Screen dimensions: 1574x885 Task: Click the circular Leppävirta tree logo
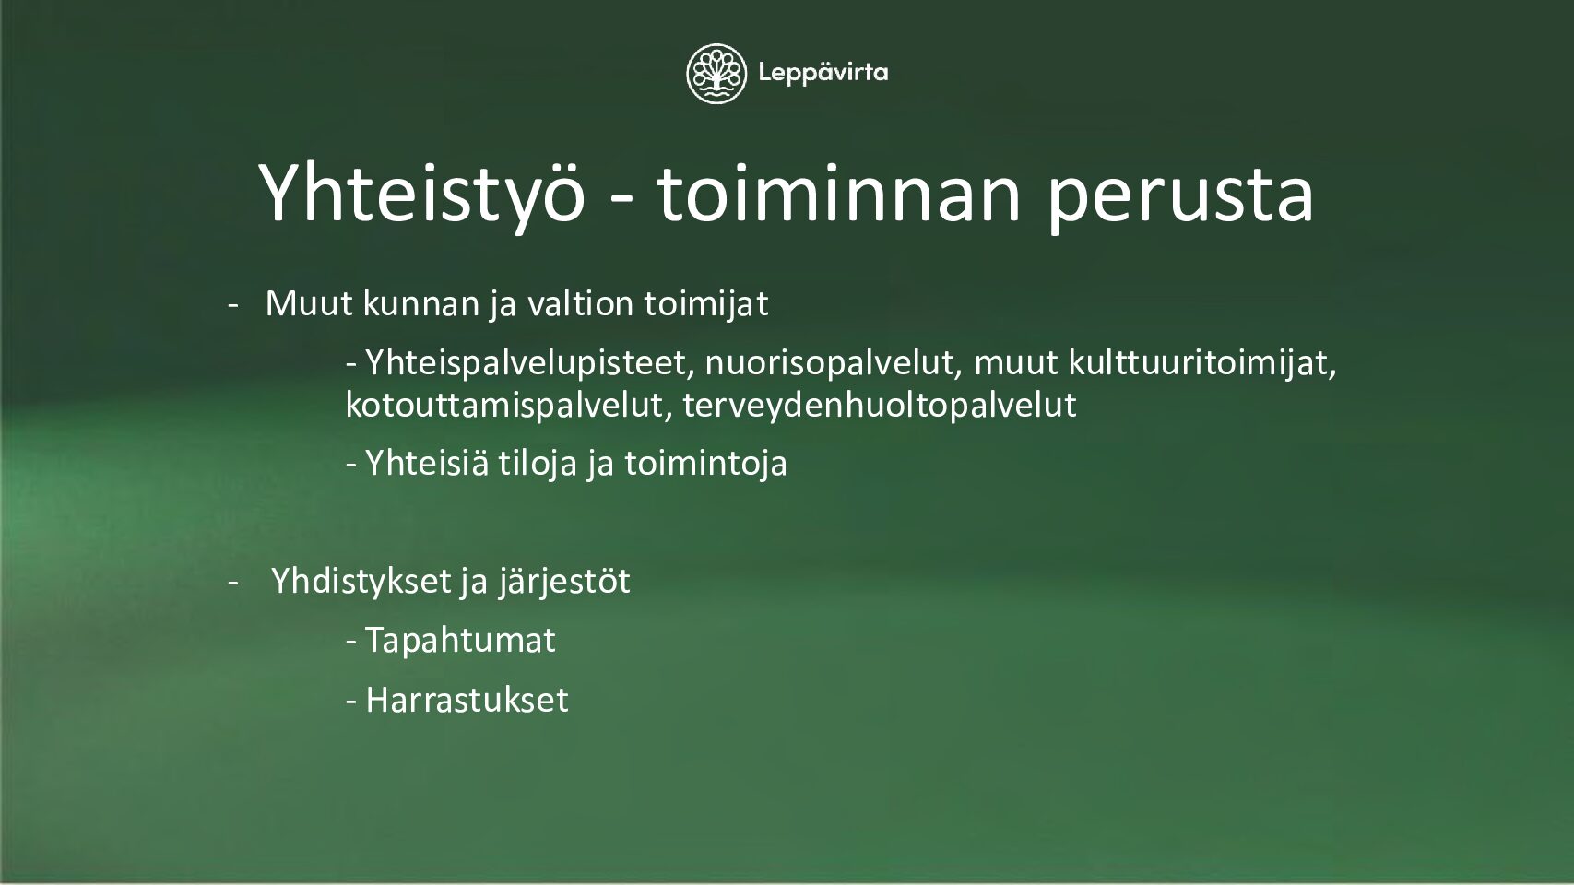(x=716, y=74)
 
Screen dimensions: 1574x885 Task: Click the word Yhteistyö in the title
(x=421, y=195)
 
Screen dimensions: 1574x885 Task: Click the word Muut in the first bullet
(x=309, y=303)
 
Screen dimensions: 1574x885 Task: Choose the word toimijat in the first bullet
(x=706, y=305)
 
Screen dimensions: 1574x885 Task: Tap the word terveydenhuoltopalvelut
(x=879, y=406)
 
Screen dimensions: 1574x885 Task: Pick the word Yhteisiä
(x=427, y=464)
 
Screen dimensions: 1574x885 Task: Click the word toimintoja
(x=705, y=465)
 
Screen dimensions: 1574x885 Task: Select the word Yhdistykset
(x=361, y=582)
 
